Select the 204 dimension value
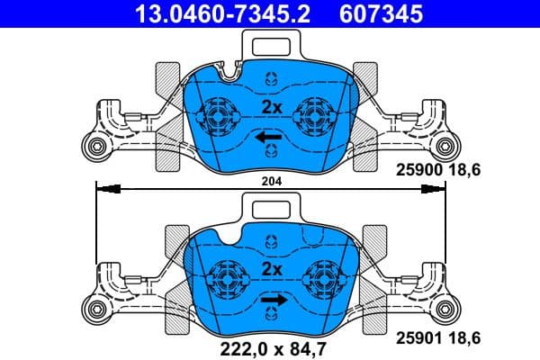tap(270, 181)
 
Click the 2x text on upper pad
tap(271, 107)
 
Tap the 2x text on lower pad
tap(271, 269)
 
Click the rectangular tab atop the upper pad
tap(270, 42)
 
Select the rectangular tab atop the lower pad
tap(270, 210)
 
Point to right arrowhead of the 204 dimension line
tap(436, 188)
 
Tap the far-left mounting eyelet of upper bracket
tap(93, 148)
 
